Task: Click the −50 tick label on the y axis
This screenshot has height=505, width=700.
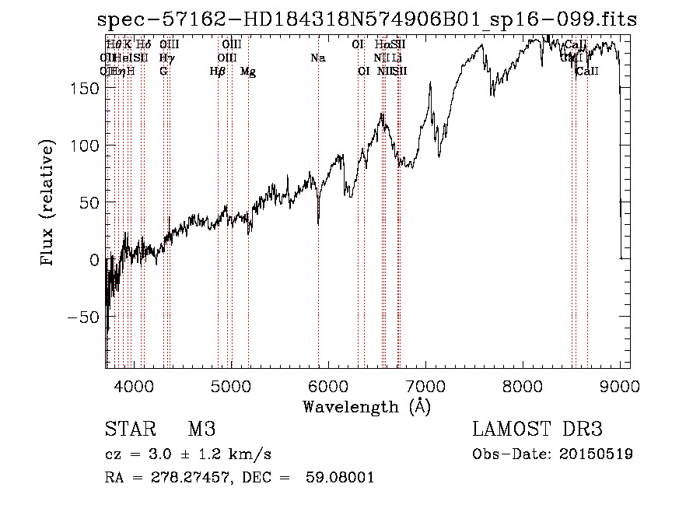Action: pyautogui.click(x=81, y=317)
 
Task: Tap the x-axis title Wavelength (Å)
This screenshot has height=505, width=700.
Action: pyautogui.click(x=366, y=406)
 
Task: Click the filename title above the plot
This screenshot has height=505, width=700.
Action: pyautogui.click(x=363, y=19)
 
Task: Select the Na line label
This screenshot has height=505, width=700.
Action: pyautogui.click(x=317, y=58)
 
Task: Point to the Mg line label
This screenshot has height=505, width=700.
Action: pyautogui.click(x=248, y=72)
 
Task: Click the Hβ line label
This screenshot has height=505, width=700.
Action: pyautogui.click(x=218, y=72)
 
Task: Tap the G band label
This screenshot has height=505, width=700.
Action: pyautogui.click(x=163, y=72)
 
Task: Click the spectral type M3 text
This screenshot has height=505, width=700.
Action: pyautogui.click(x=202, y=430)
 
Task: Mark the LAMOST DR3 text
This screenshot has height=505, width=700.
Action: pyautogui.click(x=537, y=430)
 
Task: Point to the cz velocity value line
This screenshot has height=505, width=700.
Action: pyautogui.click(x=187, y=454)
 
